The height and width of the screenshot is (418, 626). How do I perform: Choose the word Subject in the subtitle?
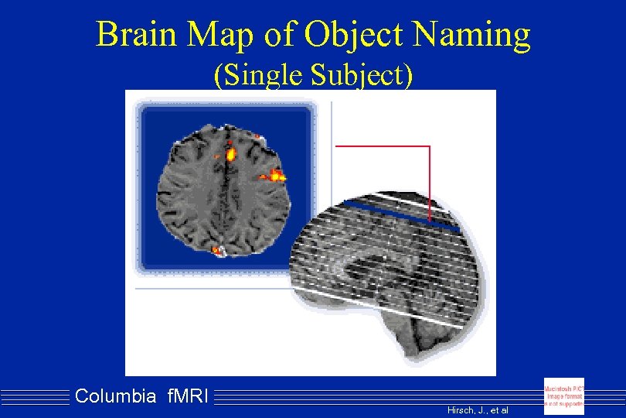click(x=363, y=75)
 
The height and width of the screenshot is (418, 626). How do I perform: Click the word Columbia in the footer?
click(x=115, y=397)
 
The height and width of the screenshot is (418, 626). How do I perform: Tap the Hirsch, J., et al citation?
click(x=478, y=409)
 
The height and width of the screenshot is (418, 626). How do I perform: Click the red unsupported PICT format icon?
click(x=563, y=396)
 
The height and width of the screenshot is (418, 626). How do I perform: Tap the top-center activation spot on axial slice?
click(x=230, y=152)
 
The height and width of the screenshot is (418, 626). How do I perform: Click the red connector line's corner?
click(x=429, y=146)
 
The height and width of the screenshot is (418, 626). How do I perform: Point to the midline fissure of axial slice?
click(x=226, y=201)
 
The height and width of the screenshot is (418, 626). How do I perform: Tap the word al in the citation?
click(x=504, y=409)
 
